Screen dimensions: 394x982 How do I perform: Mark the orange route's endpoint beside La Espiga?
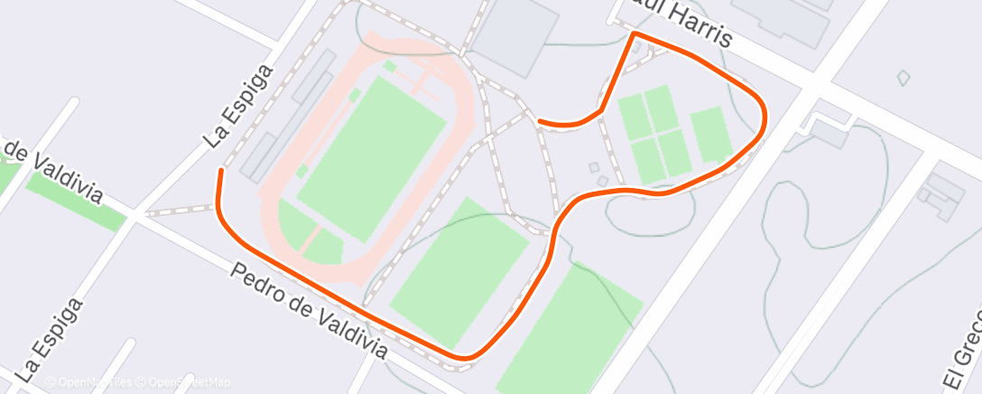[x=219, y=170]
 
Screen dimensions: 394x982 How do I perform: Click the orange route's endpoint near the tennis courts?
[x=539, y=120]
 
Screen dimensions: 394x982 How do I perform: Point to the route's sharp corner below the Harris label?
[x=635, y=33]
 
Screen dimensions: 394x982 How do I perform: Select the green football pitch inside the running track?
[x=371, y=146]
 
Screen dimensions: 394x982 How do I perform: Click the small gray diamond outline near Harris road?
[x=903, y=78]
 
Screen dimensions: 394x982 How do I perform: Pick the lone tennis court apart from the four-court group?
[x=710, y=135]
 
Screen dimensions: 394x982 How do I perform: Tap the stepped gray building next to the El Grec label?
[x=942, y=193]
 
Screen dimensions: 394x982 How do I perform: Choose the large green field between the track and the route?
[x=459, y=272]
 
